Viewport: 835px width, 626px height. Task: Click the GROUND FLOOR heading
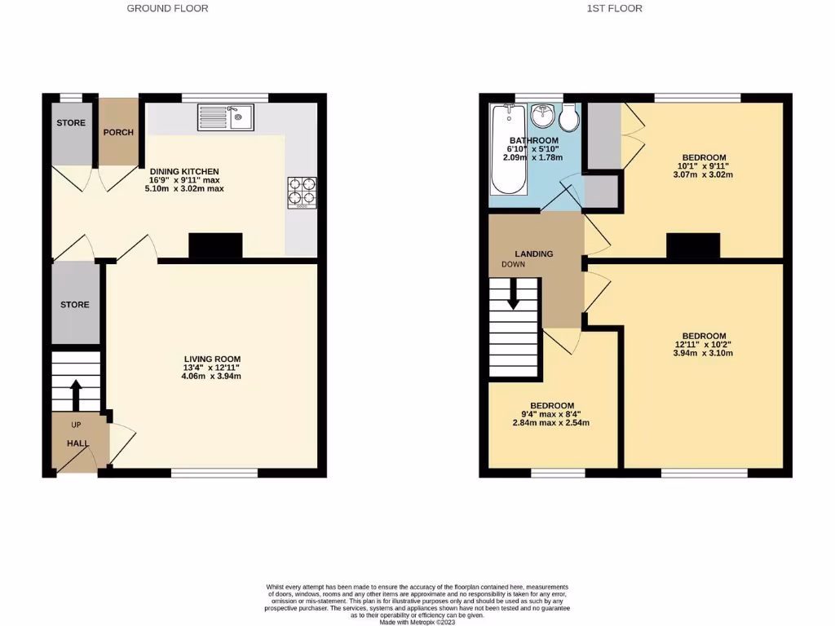pos(167,8)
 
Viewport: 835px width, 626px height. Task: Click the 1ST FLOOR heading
pos(615,8)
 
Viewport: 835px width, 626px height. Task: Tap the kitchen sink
pos(225,118)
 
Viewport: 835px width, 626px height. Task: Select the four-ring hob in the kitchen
pos(302,193)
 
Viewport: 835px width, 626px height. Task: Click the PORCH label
pos(118,132)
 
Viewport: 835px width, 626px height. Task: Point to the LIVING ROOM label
pos(211,359)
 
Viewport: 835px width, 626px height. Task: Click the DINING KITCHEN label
pos(183,171)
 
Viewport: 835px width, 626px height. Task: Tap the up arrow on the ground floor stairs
pos(76,395)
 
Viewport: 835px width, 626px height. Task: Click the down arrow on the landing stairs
pos(513,294)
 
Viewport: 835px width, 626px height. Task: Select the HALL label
pos(77,443)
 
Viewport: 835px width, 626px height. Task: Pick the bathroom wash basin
pos(542,117)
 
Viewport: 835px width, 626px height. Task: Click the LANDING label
pos(533,253)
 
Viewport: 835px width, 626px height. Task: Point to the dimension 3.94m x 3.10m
pos(703,353)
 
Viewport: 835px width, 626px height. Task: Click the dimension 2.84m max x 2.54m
pos(551,423)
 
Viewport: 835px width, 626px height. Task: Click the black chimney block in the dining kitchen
pos(215,246)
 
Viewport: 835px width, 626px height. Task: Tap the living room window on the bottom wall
pos(214,473)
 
